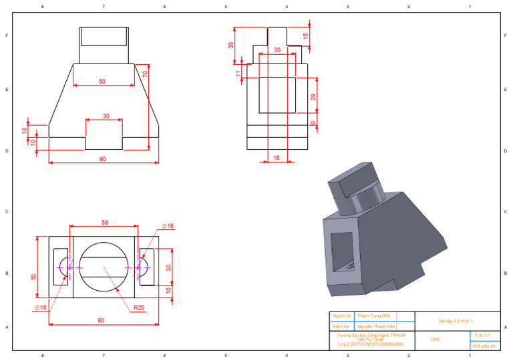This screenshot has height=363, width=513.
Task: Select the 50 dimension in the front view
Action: pos(102,82)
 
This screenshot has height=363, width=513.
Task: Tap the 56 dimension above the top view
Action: pos(105,222)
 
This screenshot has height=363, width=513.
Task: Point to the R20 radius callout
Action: pos(139,308)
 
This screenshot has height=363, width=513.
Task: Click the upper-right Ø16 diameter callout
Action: pos(167,227)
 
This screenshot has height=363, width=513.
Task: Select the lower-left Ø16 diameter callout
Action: pos(41,308)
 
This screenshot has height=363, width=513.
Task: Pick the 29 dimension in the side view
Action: pos(313,97)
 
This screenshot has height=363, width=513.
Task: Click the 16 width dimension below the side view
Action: pos(277,158)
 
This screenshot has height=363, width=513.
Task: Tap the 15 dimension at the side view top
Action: pos(306,35)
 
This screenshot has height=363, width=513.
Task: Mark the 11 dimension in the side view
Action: pos(238,73)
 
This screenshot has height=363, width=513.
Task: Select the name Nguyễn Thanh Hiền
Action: pos(377,326)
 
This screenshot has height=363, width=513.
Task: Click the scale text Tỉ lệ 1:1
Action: pos(482,334)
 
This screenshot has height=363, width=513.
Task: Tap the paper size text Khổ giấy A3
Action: pos(484,346)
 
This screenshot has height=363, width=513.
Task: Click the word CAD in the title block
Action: pos(435,340)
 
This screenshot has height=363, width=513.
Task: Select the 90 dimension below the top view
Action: pos(101,320)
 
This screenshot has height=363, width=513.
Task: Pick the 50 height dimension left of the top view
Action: pos(34,276)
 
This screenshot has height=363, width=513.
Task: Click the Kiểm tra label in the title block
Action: pos(342,326)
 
